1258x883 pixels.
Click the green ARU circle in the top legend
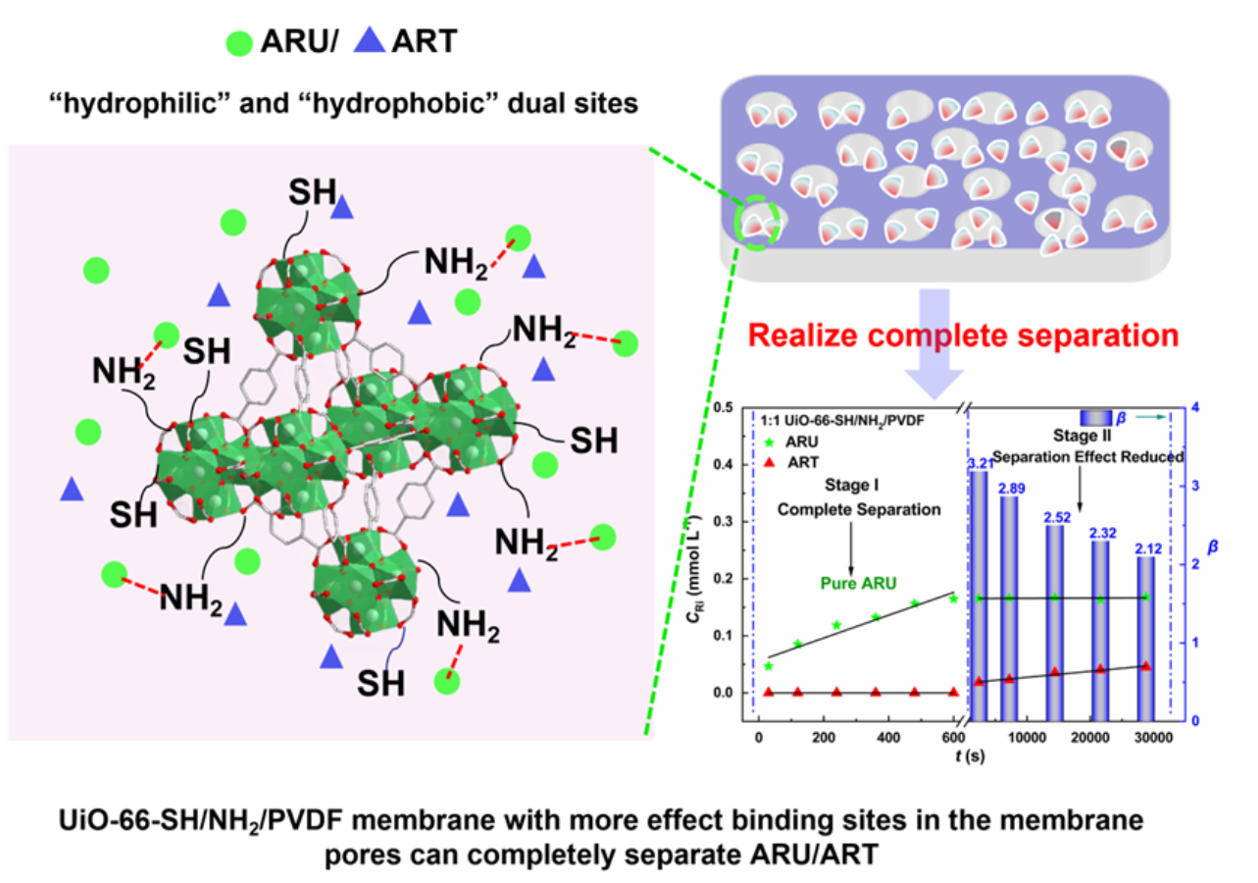point(239,43)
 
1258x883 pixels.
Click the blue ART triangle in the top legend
point(370,40)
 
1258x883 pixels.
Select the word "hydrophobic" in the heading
point(400,103)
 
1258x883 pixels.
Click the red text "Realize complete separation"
point(963,336)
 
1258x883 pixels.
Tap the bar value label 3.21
point(981,463)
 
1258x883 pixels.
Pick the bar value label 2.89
point(1012,489)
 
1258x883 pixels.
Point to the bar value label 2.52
point(1057,517)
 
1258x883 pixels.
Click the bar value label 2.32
point(1103,533)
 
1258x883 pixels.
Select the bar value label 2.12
point(1148,548)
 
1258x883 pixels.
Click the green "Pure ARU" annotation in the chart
point(858,584)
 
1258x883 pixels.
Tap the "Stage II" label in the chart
point(1082,436)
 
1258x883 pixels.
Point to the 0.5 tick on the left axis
point(723,407)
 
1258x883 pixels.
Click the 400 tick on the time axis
point(888,737)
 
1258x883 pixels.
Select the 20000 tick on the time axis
point(1089,737)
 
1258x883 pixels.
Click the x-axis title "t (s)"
point(970,756)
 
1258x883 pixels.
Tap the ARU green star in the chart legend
point(769,442)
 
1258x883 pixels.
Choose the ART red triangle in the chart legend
point(770,462)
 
